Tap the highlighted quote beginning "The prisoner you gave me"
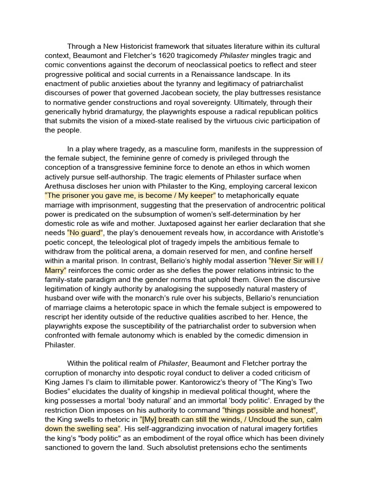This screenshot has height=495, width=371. (x=130, y=195)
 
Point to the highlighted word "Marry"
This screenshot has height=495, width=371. (x=55, y=270)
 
